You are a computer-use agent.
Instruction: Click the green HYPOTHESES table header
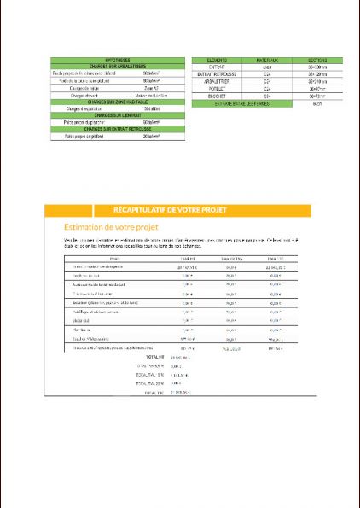(x=116, y=61)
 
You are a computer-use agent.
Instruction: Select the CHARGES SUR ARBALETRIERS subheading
(x=116, y=67)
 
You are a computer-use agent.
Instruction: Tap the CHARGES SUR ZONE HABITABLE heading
(x=116, y=103)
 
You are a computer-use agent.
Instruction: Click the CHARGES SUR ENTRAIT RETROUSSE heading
(x=116, y=129)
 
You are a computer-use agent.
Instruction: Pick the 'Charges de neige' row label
(x=81, y=89)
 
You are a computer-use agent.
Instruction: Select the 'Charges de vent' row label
(x=81, y=96)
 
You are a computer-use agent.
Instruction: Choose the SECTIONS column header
(x=315, y=61)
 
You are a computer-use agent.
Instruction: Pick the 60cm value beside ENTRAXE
(x=315, y=103)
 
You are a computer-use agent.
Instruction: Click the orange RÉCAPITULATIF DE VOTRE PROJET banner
(x=181, y=209)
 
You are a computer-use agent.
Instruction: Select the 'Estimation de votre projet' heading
(x=108, y=227)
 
